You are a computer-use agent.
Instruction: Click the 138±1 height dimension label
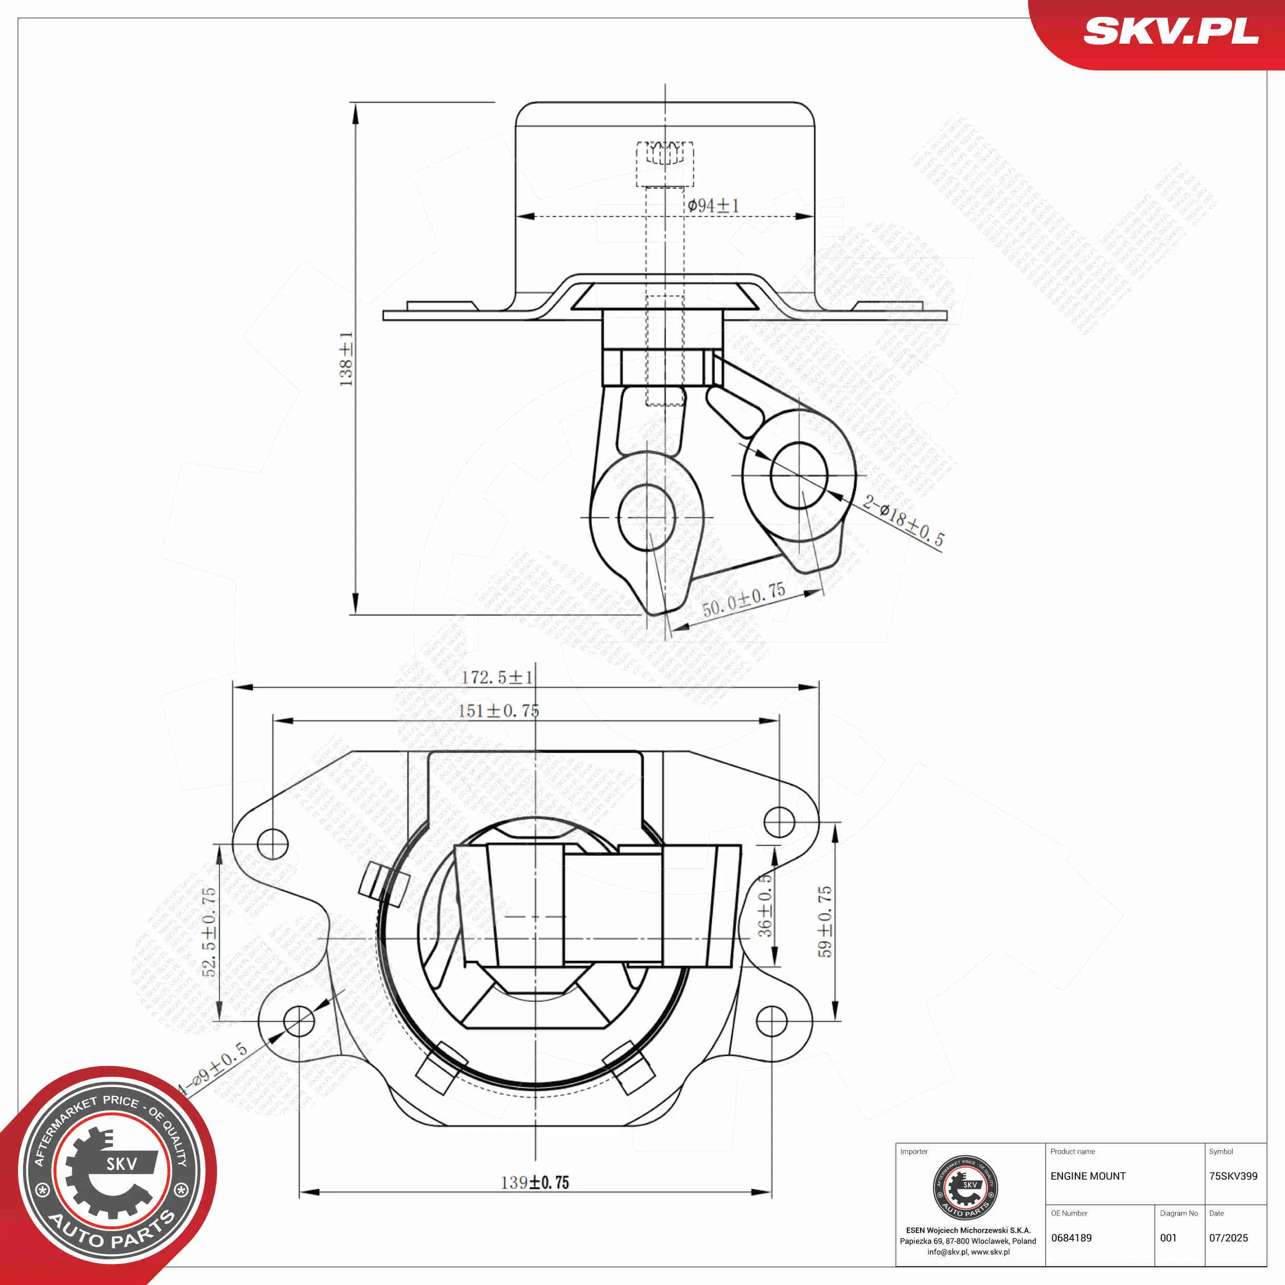pos(346,359)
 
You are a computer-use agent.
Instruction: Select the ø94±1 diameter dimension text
pos(713,206)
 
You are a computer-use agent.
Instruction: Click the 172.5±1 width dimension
pos(497,677)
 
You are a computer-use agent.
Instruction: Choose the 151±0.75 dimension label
pos(498,710)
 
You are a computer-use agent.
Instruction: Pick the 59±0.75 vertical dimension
pos(825,921)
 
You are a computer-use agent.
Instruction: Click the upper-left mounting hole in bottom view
pos(272,844)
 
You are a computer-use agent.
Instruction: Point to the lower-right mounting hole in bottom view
pos(772,1021)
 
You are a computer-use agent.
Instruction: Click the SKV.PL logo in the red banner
pos(1170,31)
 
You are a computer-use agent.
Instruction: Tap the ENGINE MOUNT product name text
pos(1088,1176)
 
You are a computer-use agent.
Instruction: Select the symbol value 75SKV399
pos(1233,1176)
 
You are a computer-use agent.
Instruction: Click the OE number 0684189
pos(1072,1238)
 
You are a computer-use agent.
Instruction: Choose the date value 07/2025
pos(1228,1238)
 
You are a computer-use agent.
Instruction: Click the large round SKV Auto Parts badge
pos(112,1172)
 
